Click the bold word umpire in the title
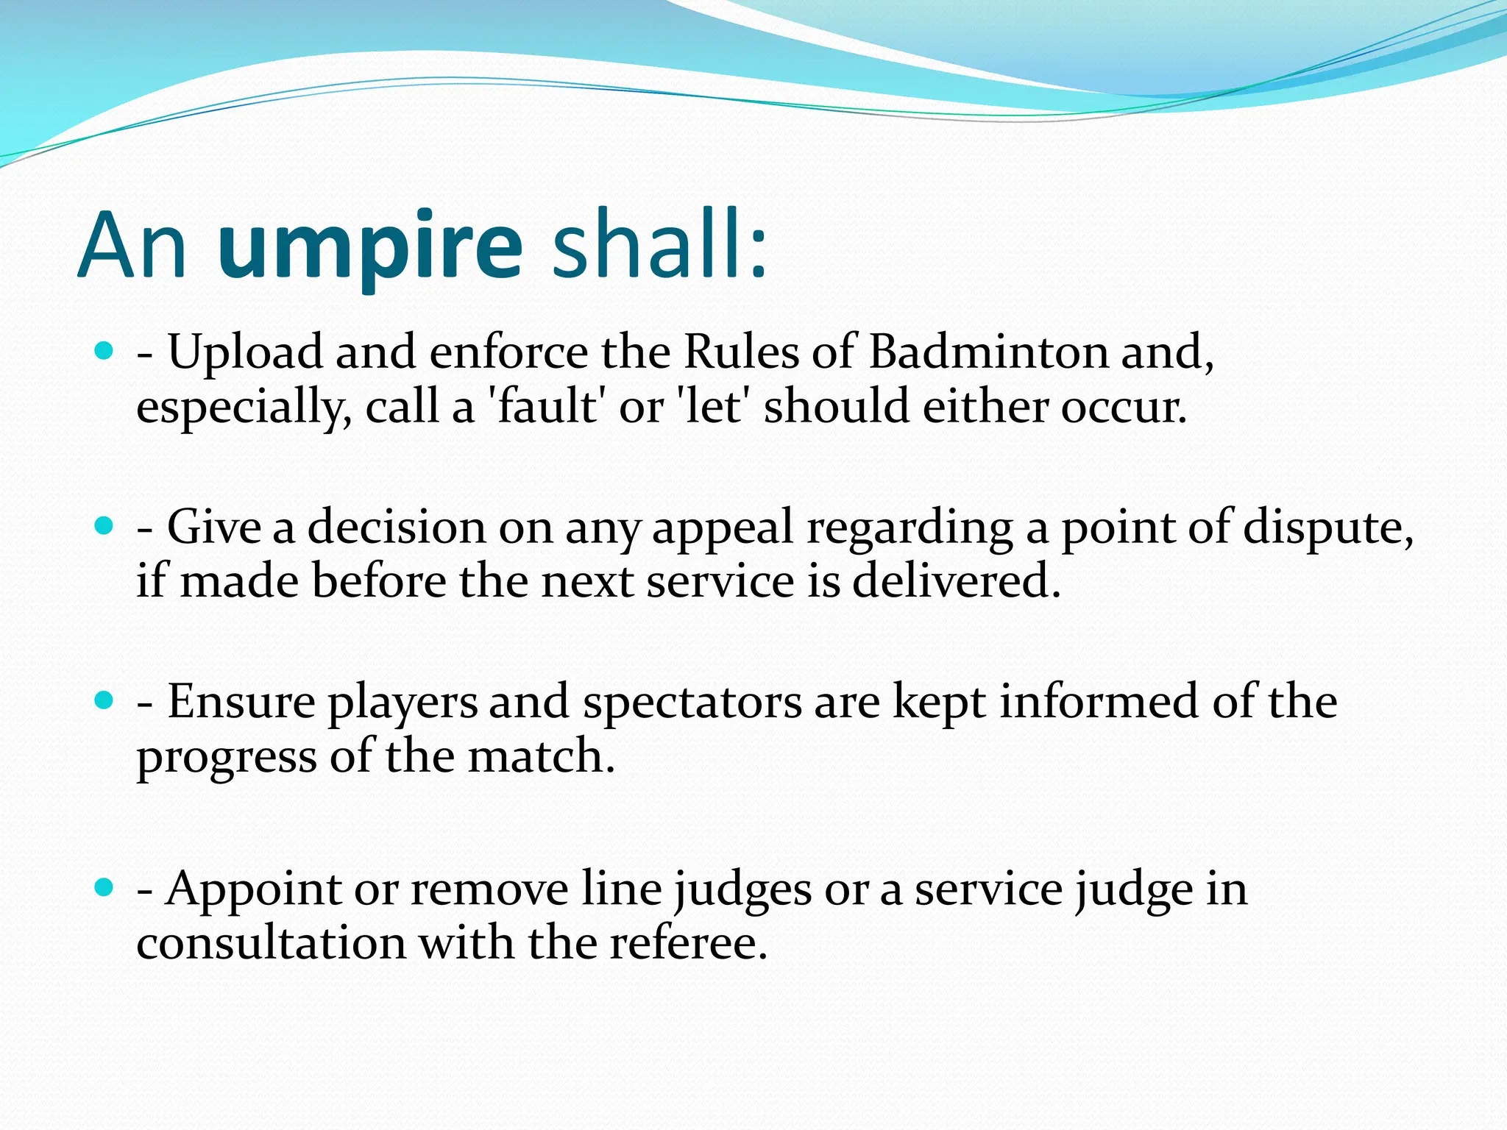370,246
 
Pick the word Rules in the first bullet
741,352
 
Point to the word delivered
956,581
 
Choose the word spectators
692,702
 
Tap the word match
541,756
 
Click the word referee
688,943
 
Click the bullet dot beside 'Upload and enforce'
104,351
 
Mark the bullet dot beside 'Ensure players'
104,700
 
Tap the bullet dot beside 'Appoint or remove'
104,888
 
